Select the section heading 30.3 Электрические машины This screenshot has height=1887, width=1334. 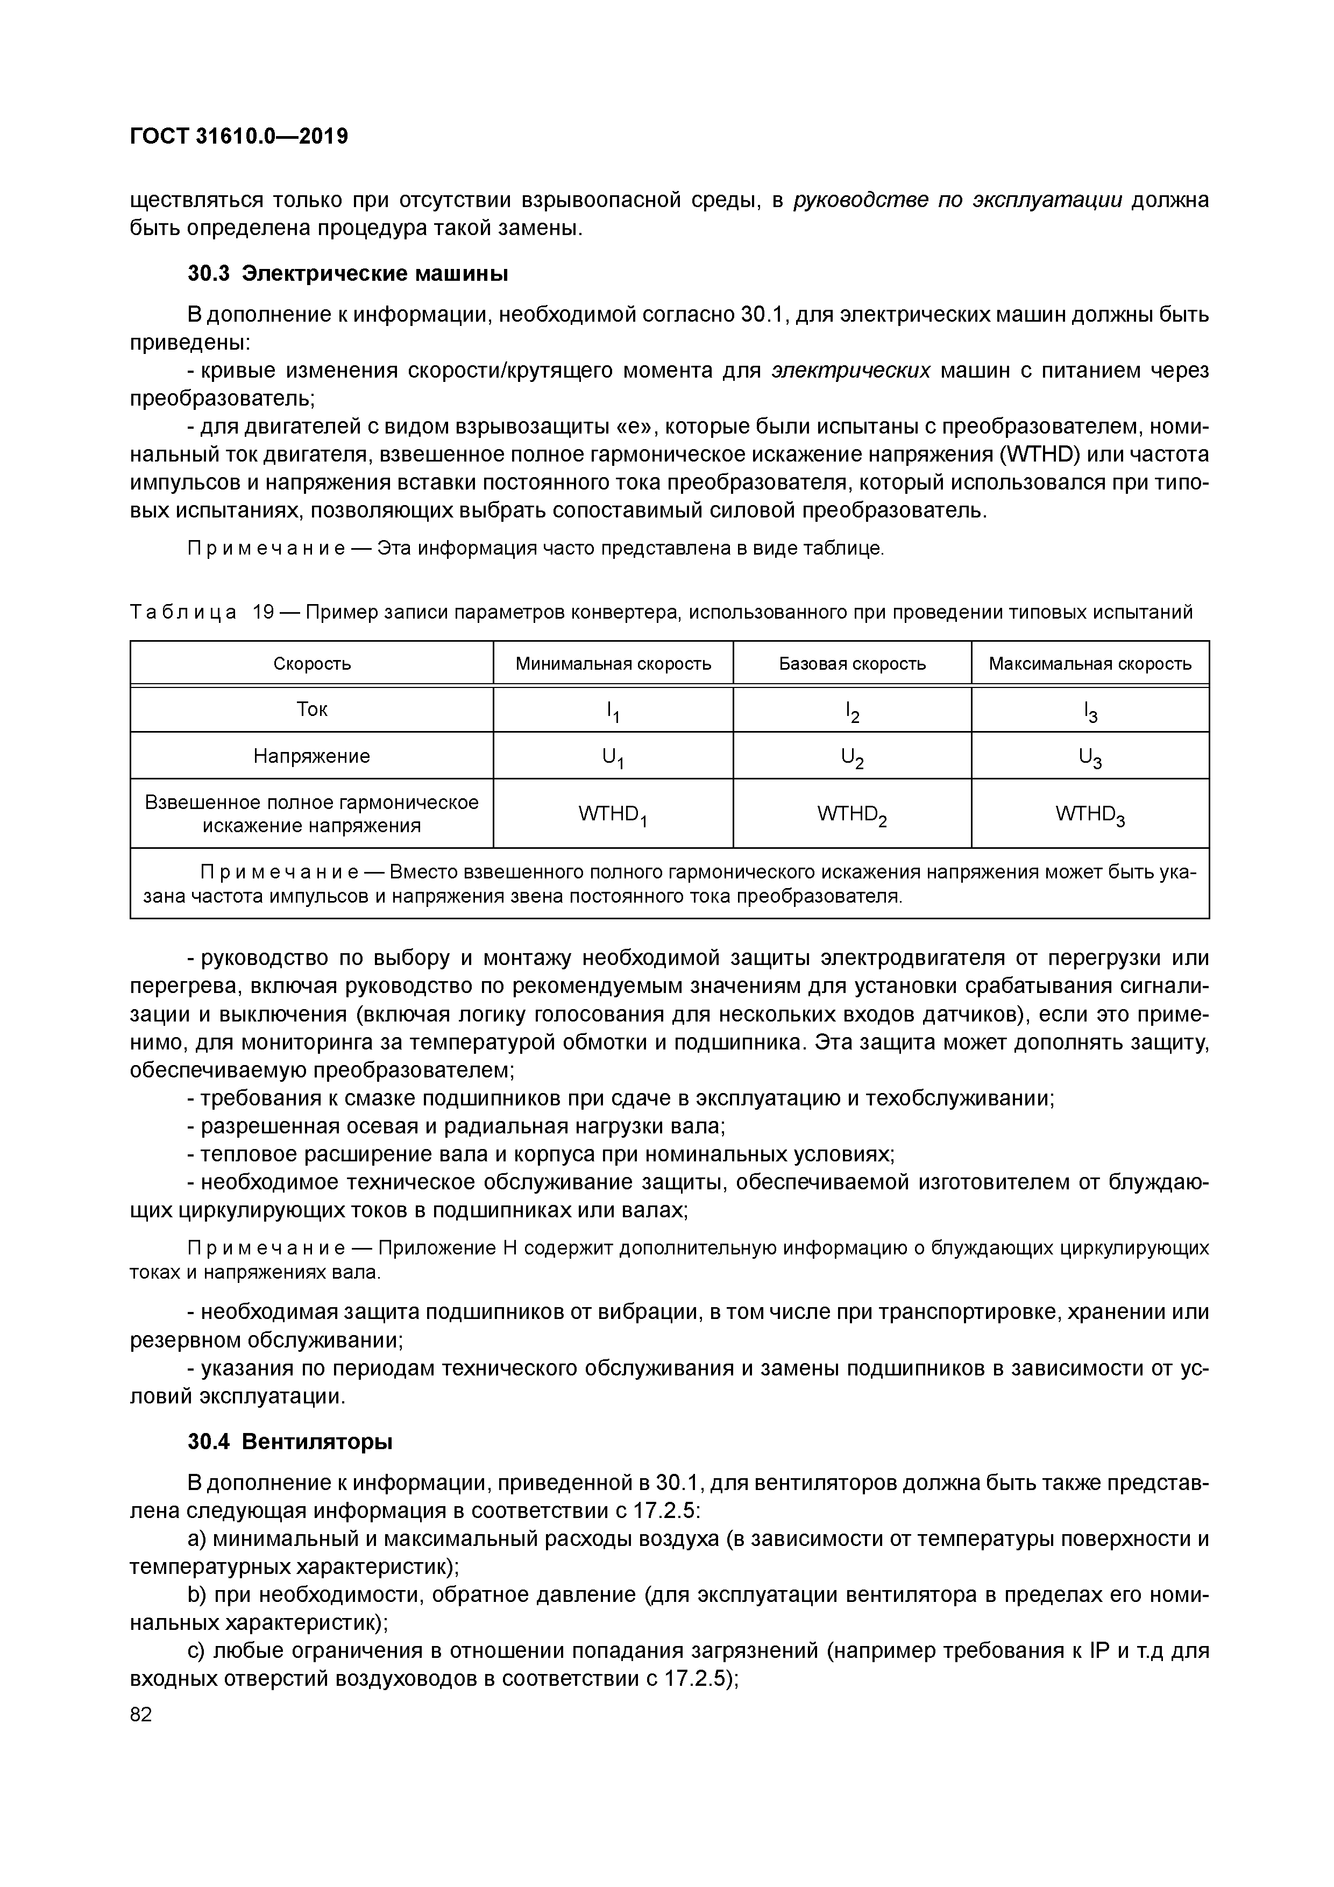(x=347, y=274)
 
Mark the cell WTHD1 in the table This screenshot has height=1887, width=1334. (x=613, y=814)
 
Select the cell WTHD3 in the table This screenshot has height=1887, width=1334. (x=1090, y=814)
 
